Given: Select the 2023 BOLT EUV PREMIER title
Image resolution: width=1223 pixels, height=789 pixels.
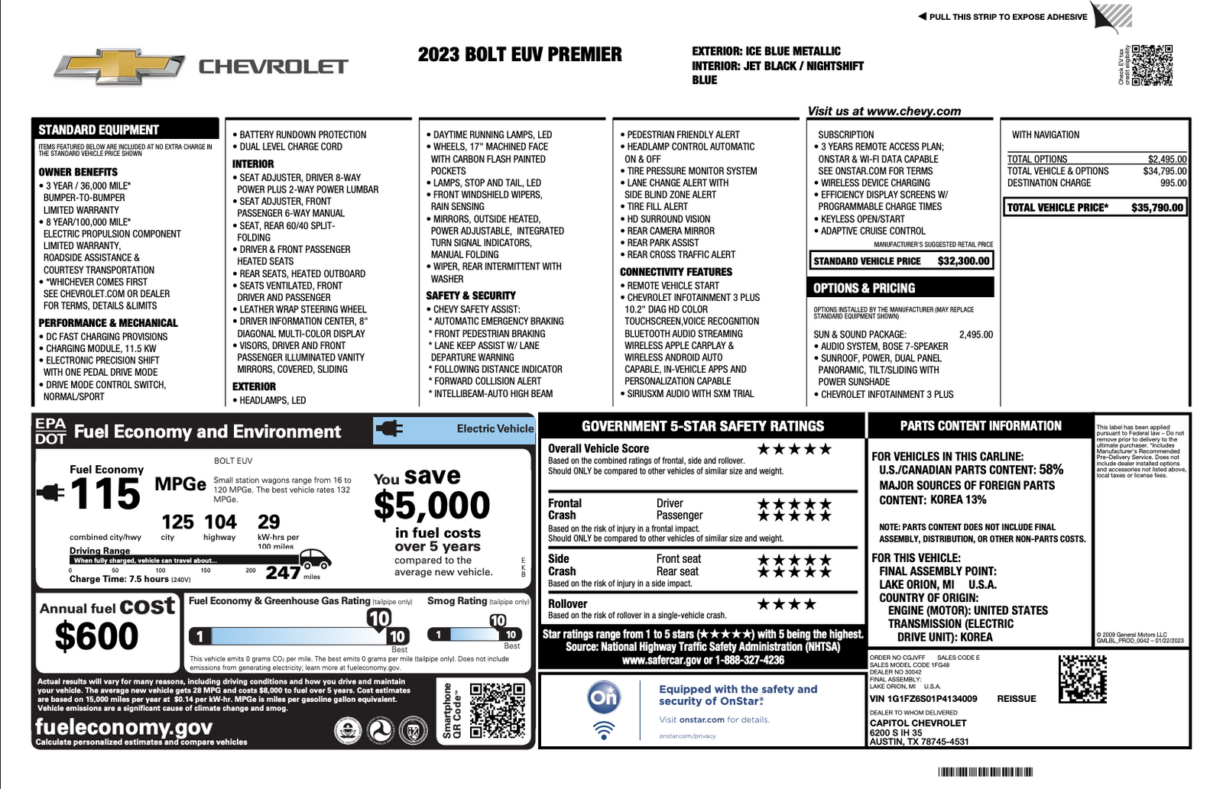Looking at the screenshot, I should [520, 55].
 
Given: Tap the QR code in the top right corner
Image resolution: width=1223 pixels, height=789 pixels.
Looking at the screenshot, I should [1151, 65].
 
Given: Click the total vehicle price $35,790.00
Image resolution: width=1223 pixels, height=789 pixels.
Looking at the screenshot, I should [1156, 207].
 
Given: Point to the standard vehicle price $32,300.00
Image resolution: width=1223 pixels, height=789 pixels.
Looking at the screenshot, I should [963, 261].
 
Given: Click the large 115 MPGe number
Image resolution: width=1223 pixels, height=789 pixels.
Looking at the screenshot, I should [105, 494].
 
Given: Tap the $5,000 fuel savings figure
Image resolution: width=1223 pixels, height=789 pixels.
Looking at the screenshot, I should [432, 506].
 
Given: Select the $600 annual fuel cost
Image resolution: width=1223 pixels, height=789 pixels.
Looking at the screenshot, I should [96, 637].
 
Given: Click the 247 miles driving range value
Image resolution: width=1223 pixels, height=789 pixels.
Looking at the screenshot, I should [283, 573].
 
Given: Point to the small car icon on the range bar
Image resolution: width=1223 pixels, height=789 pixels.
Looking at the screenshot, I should [313, 558].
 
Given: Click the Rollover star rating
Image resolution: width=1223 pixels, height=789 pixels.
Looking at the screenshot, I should [787, 605].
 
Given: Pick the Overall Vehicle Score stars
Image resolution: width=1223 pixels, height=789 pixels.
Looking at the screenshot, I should [794, 449].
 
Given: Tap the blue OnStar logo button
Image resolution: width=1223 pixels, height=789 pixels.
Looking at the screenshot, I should [604, 697].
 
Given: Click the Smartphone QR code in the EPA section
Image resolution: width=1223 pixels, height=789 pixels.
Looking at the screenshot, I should [497, 711].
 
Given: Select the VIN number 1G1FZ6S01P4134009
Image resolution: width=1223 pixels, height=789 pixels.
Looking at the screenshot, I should [923, 698].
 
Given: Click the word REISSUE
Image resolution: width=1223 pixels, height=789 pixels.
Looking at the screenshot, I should [1017, 698].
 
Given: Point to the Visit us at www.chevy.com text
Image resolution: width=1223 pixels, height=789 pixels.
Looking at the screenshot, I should [884, 111].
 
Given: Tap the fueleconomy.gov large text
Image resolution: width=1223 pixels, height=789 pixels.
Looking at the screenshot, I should [124, 726].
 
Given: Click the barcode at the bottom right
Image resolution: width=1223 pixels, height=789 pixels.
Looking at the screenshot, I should [985, 772].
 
